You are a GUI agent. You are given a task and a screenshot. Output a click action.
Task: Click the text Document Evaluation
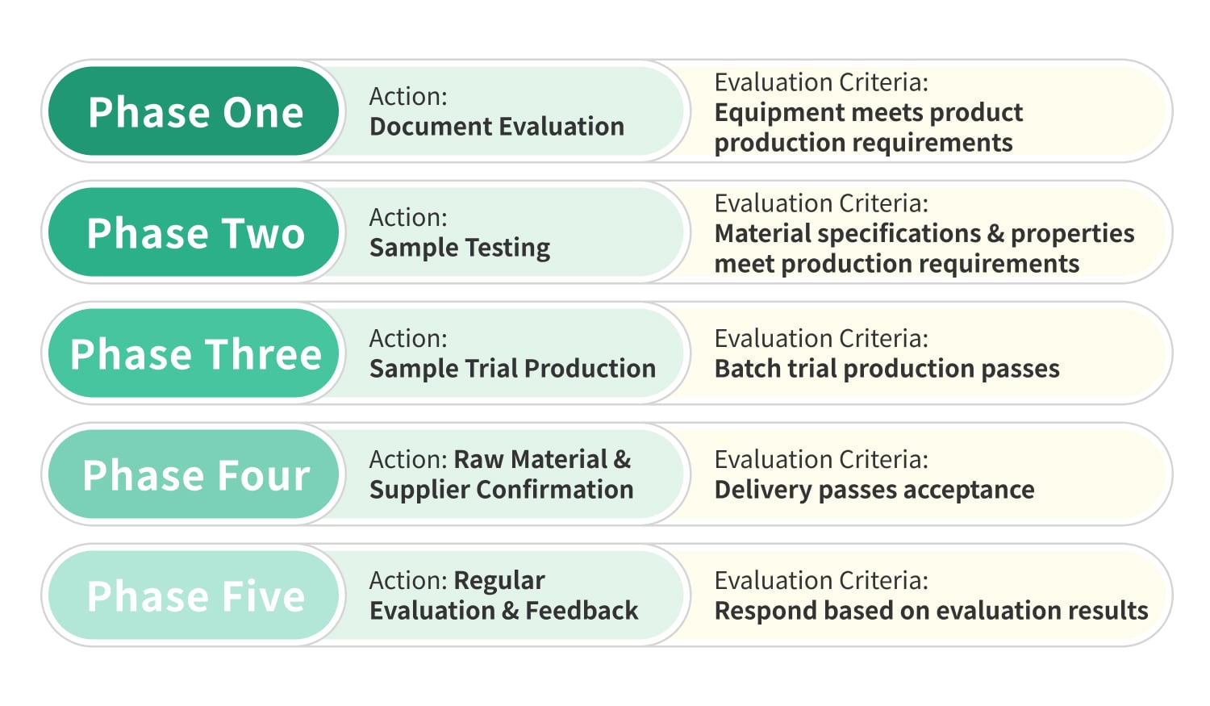click(x=497, y=127)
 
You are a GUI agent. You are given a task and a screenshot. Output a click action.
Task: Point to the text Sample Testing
click(x=460, y=249)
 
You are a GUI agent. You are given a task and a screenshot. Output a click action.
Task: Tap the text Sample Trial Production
click(x=512, y=369)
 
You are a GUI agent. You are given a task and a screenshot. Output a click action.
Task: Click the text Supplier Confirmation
click(x=501, y=491)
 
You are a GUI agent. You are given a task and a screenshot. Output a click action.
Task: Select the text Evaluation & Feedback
click(x=503, y=611)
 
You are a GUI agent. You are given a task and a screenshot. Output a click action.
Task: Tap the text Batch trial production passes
click(x=887, y=369)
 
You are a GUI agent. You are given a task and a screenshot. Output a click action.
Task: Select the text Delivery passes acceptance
click(x=874, y=491)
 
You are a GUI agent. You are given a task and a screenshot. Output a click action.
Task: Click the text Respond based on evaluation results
click(x=931, y=611)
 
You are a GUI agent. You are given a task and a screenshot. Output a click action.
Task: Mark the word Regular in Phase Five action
click(x=499, y=581)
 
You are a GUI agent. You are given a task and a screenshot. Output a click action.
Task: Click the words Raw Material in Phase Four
click(x=531, y=460)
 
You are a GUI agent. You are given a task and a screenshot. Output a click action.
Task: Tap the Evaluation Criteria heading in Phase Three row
click(x=821, y=339)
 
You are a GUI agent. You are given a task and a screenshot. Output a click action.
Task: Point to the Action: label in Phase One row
click(x=408, y=97)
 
